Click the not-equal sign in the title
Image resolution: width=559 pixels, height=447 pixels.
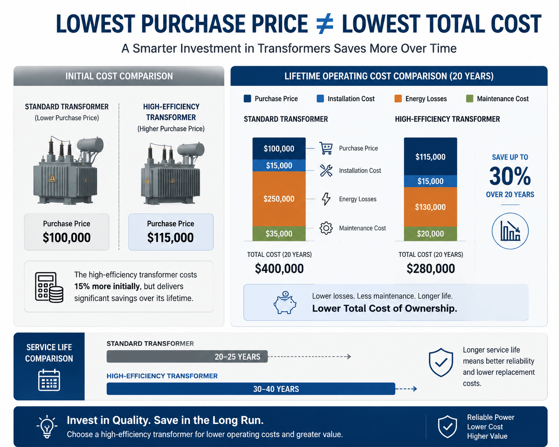325,24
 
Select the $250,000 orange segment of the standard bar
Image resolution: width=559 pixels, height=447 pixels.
279,199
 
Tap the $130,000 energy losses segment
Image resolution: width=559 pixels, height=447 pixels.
430,207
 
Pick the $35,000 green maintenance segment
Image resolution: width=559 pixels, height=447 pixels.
279,233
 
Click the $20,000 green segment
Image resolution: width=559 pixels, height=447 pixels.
430,233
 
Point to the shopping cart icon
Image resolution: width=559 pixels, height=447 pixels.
326,148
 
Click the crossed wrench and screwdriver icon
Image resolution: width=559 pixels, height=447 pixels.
326,171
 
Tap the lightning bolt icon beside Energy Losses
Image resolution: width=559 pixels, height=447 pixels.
326,199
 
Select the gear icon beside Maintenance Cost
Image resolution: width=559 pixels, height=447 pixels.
326,228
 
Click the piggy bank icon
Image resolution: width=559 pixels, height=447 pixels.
285,302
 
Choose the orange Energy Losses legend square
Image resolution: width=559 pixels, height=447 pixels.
398,99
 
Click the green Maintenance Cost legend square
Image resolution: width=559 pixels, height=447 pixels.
470,99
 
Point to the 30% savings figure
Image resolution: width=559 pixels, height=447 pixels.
510,176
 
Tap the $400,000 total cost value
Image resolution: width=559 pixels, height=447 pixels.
279,269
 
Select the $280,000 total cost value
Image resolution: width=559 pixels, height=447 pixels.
431,269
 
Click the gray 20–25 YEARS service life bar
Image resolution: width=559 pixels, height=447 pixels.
187,357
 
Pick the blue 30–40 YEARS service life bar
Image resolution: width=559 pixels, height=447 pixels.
251,389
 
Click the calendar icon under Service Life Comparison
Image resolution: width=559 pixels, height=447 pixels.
49,380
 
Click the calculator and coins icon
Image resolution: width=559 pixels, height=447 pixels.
49,287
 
